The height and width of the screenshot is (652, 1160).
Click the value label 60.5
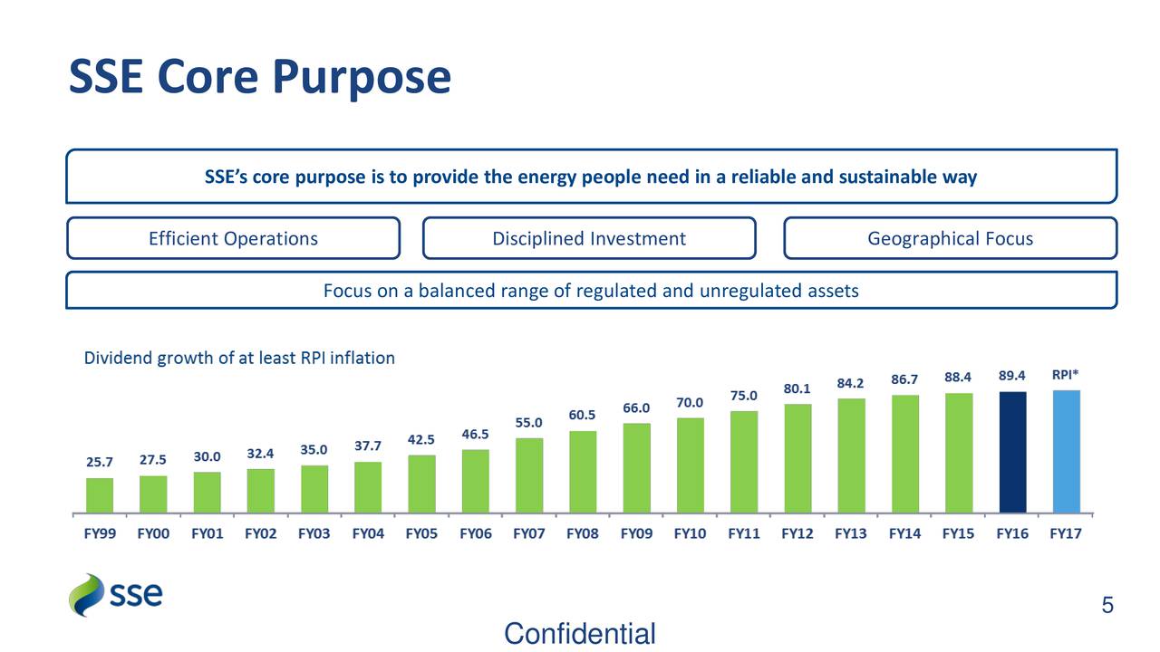(582, 416)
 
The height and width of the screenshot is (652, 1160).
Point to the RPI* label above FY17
(1065, 374)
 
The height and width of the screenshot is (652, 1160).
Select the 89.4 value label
(1012, 375)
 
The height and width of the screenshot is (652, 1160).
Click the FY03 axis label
(314, 534)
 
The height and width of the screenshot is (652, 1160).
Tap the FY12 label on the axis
(797, 534)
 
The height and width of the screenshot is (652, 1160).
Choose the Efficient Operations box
(233, 238)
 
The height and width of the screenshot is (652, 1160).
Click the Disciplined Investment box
(589, 238)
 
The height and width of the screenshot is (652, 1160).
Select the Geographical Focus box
(950, 238)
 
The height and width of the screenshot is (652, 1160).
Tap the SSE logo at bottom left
(116, 595)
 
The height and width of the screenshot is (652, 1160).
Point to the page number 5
(1107, 605)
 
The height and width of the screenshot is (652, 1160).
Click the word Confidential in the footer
(579, 634)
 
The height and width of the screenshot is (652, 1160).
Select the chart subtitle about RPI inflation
(239, 358)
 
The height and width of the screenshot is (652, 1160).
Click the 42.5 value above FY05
(421, 440)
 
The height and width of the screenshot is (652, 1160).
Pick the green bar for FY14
(904, 454)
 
